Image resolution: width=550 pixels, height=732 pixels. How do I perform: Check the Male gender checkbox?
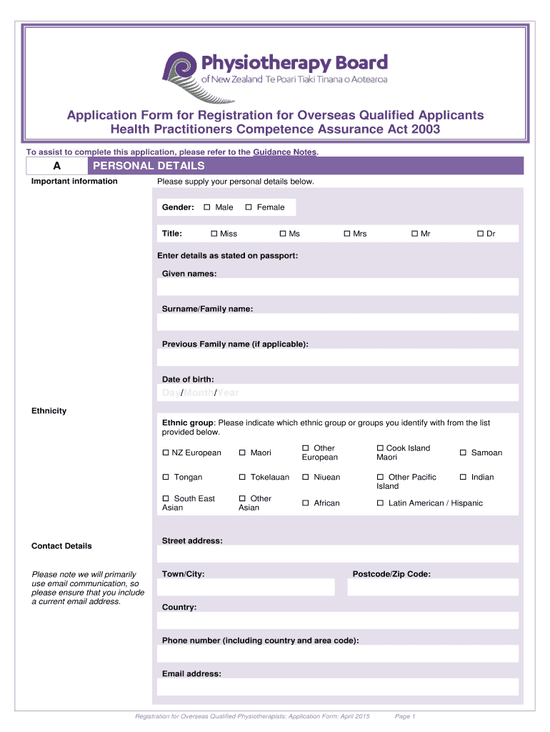pyautogui.click(x=207, y=207)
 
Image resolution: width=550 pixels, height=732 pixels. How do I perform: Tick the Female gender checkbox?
pyautogui.click(x=249, y=207)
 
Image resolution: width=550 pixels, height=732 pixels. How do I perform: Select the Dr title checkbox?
pyautogui.click(x=481, y=234)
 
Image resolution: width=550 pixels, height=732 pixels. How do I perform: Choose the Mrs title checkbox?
pyautogui.click(x=346, y=234)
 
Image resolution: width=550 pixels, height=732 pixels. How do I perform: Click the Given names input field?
pyautogui.click(x=337, y=287)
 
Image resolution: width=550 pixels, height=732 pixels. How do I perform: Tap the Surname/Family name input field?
pyautogui.click(x=337, y=322)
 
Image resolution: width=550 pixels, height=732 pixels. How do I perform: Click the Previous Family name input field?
pyautogui.click(x=337, y=357)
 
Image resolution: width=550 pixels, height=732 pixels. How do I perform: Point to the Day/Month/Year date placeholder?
pyautogui.click(x=200, y=393)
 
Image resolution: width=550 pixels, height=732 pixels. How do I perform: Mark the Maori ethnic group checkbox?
pyautogui.click(x=243, y=452)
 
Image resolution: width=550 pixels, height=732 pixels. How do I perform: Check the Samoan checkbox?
pyautogui.click(x=464, y=452)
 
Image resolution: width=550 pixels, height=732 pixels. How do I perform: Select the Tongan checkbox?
pyautogui.click(x=166, y=477)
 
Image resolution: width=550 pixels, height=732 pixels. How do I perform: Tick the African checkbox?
pyautogui.click(x=306, y=503)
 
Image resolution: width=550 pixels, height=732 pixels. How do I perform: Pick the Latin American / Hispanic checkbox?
pyautogui.click(x=380, y=503)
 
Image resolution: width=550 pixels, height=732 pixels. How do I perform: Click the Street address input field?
pyautogui.click(x=337, y=554)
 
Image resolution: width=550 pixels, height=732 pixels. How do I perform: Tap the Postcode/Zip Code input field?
pyautogui.click(x=433, y=587)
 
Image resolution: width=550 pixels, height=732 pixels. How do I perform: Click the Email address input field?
pyautogui.click(x=337, y=687)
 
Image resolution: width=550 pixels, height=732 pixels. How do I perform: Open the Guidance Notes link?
pyautogui.click(x=285, y=152)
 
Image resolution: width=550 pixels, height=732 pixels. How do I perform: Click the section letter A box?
pyautogui.click(x=56, y=166)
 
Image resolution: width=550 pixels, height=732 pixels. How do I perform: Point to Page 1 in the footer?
pyautogui.click(x=404, y=716)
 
